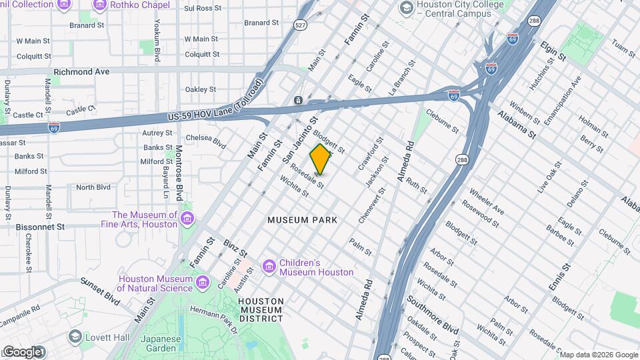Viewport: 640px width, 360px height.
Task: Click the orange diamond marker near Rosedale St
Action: [x=321, y=159]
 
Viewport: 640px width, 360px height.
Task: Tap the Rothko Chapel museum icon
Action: [x=100, y=5]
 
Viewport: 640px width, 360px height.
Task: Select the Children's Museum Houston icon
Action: [x=269, y=267]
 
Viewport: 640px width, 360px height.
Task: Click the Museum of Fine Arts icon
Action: [x=187, y=219]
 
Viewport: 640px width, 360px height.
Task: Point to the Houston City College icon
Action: [x=405, y=8]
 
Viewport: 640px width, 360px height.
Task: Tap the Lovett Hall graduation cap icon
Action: [x=75, y=337]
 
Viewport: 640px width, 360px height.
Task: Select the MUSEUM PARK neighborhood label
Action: [x=302, y=219]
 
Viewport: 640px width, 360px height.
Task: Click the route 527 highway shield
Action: [x=300, y=25]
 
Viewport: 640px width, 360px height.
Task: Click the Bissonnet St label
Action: [x=41, y=227]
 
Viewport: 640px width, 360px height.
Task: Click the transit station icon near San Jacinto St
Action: [x=297, y=101]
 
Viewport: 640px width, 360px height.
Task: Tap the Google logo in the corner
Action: [x=23, y=351]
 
